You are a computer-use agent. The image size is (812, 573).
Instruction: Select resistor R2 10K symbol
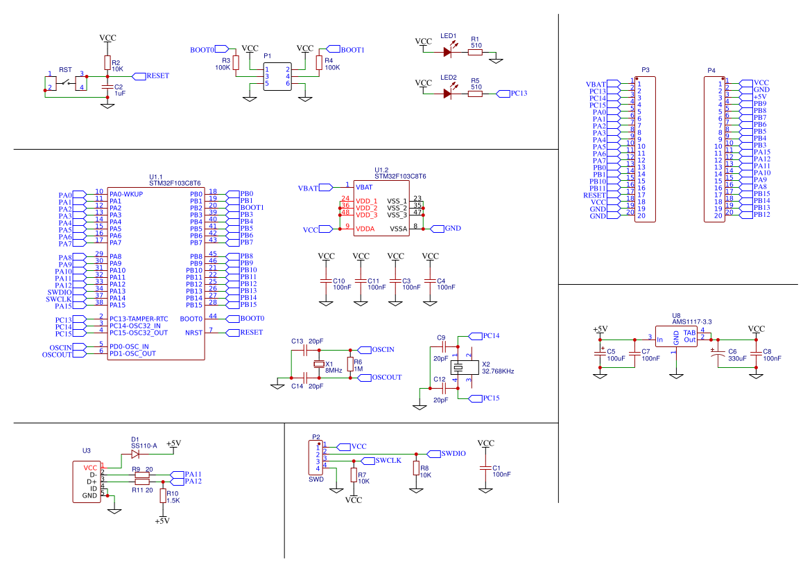(107, 62)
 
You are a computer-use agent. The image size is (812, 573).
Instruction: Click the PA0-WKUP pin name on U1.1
(126, 195)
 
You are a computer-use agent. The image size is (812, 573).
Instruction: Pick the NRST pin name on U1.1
(193, 333)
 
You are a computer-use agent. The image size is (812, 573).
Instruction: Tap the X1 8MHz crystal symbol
(319, 364)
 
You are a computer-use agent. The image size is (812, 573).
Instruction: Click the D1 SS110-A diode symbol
(136, 454)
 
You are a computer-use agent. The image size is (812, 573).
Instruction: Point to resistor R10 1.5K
(162, 496)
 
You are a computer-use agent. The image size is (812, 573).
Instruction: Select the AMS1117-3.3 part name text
(692, 322)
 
